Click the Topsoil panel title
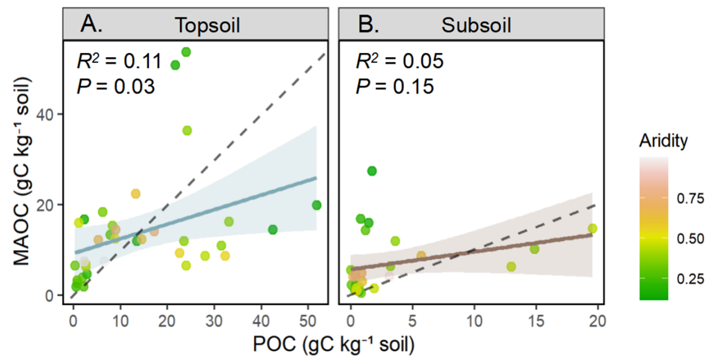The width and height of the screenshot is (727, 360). pyautogui.click(x=209, y=26)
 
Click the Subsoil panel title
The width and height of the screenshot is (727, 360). pyautogui.click(x=476, y=26)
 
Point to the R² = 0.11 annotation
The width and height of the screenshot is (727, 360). pyautogui.click(x=119, y=61)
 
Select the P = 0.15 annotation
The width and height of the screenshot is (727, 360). pyautogui.click(x=395, y=86)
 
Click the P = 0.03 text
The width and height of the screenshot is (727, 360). pyautogui.click(x=115, y=86)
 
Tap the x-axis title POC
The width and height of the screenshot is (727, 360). pyautogui.click(x=333, y=344)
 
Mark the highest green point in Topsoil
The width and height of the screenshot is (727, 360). pyautogui.click(x=186, y=52)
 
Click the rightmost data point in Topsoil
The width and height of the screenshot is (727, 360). pyautogui.click(x=317, y=205)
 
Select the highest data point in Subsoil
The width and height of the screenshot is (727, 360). pyautogui.click(x=372, y=171)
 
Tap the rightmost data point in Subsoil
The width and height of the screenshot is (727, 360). pyautogui.click(x=592, y=228)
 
